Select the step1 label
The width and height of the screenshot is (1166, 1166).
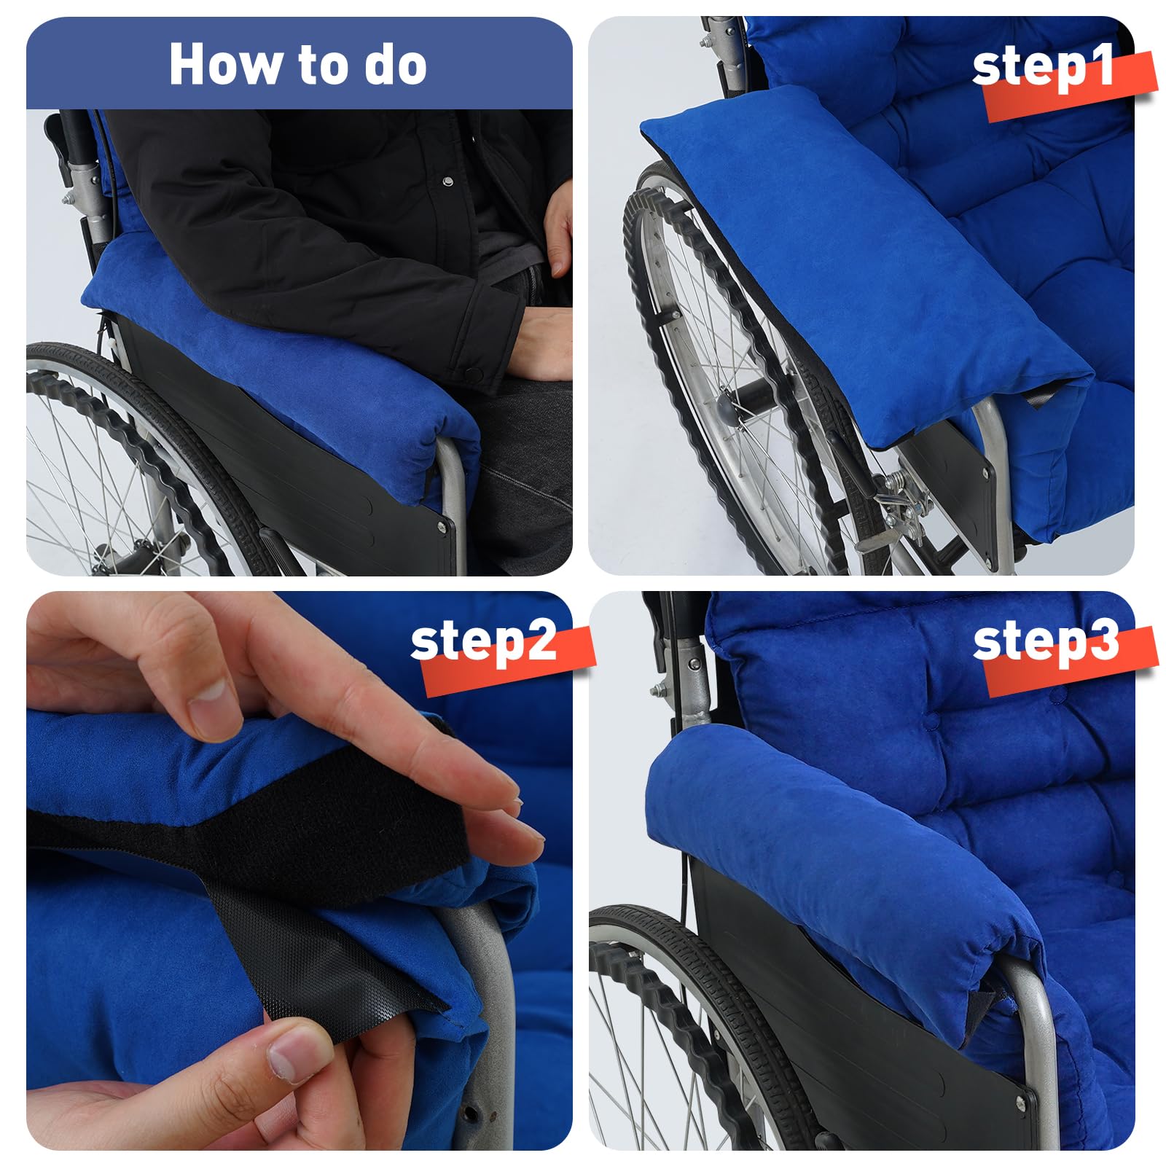1044,66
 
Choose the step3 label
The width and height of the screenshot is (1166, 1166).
1046,641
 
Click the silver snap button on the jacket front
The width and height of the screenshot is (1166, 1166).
447,180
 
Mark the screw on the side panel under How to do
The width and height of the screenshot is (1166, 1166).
441,524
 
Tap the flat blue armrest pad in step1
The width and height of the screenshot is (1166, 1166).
867,262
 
